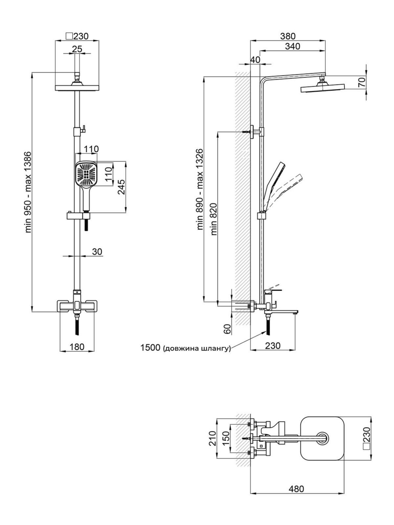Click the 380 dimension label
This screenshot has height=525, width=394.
[288, 36]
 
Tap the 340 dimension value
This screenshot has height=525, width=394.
[292, 46]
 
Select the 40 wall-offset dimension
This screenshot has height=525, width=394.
[255, 60]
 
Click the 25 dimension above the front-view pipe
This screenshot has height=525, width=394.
[77, 49]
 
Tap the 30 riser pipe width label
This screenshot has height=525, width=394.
[97, 251]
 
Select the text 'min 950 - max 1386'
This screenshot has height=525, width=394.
[29, 192]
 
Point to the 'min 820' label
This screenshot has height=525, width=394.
[214, 219]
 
